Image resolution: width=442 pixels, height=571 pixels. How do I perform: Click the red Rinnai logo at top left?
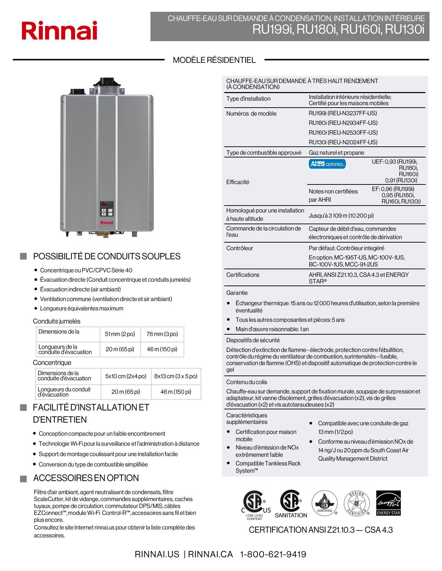[x=59, y=31]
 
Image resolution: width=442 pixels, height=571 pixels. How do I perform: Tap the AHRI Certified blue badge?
[x=327, y=164]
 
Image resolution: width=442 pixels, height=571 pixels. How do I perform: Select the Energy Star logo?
[x=388, y=503]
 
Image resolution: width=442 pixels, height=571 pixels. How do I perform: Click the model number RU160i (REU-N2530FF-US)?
[x=343, y=133]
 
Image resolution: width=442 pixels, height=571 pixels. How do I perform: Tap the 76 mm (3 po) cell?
[x=162, y=334]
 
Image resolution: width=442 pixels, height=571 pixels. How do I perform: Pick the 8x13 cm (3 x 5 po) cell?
[x=175, y=376]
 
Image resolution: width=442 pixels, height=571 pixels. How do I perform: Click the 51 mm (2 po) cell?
[x=120, y=334]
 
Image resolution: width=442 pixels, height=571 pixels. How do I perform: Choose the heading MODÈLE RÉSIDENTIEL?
[x=214, y=60]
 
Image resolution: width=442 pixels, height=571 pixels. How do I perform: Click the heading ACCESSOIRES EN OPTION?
[x=86, y=478]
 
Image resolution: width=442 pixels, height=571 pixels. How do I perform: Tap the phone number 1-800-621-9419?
[x=273, y=554]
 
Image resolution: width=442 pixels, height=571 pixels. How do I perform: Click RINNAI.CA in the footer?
[x=210, y=554]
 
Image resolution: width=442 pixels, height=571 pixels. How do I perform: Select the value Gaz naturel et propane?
[x=336, y=153]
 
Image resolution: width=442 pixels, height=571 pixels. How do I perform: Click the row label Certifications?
[x=243, y=275]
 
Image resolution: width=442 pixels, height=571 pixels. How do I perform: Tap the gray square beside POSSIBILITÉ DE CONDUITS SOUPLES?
[x=24, y=256]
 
